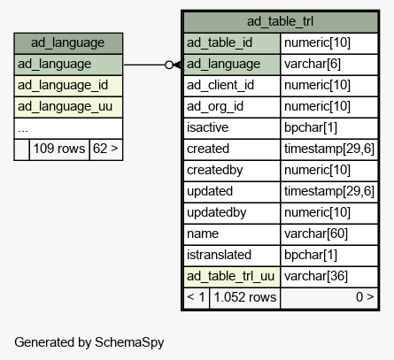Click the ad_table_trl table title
[280, 21]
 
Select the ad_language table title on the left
[68, 42]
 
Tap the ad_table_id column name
[220, 42]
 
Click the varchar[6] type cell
[313, 64]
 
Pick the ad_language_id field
[63, 86]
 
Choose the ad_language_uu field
[65, 107]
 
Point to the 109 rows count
[59, 149]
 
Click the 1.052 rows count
[245, 297]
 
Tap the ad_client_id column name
[220, 86]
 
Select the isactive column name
[207, 127]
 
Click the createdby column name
[215, 170]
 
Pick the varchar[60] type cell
[316, 234]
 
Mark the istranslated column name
[219, 255]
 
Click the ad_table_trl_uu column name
[231, 276]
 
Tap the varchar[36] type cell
[316, 276]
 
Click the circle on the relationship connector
[169, 65]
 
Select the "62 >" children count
[105, 149]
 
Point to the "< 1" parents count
[196, 297]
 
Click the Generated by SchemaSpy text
[89, 342]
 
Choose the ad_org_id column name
[215, 107]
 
